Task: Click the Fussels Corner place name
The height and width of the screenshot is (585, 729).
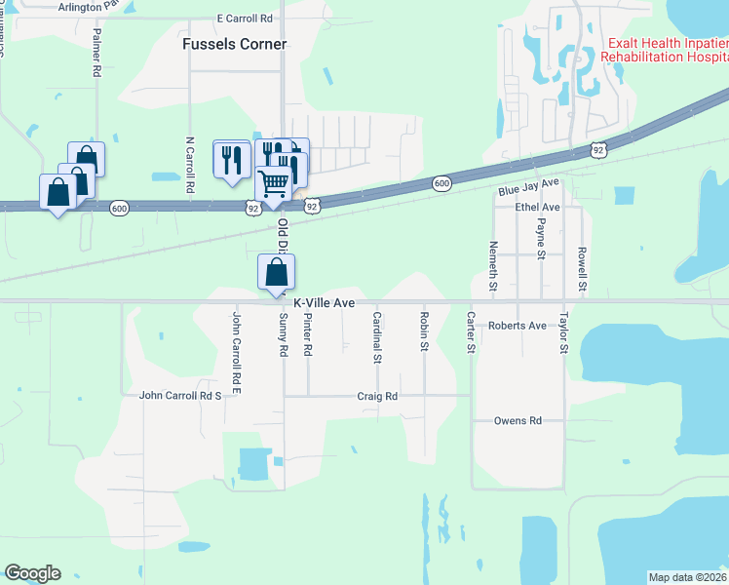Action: coord(235,44)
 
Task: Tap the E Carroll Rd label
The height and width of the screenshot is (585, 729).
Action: coord(245,19)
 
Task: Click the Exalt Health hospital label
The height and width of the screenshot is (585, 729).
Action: coord(664,51)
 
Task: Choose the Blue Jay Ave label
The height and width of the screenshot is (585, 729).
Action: coord(528,187)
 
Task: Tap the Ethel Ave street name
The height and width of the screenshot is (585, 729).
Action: coord(538,208)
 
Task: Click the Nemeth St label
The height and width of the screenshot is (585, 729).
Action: coord(493,267)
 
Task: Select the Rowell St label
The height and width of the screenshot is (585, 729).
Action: coord(581,269)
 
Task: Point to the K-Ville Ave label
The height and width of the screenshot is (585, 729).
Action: coord(324,303)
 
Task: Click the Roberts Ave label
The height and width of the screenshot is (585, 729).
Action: coord(518,326)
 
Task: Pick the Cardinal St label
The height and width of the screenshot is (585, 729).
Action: coord(376,337)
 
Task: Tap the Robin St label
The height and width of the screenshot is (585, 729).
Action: coord(424,331)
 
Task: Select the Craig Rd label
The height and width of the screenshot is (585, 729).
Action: coord(377,397)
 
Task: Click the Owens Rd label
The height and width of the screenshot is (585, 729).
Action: coord(517,421)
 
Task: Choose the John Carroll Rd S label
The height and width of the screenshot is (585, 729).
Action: coord(181,396)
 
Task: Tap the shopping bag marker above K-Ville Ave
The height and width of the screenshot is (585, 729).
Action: coord(276,273)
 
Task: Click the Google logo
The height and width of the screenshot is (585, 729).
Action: coord(32,573)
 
